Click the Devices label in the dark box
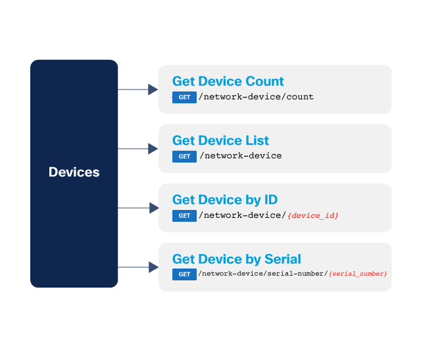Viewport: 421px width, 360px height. point(74,172)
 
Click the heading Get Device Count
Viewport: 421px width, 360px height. point(228,82)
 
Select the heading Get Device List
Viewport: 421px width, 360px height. point(220,141)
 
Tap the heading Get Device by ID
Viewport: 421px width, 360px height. point(224,200)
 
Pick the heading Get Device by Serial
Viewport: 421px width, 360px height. point(236,259)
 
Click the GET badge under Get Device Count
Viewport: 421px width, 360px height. point(184,97)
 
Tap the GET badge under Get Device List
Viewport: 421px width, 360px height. point(184,157)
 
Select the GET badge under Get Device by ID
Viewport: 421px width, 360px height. point(184,216)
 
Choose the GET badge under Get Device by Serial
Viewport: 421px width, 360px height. point(184,274)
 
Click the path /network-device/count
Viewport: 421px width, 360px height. point(257,97)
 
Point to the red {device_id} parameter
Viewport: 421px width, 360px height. point(313,216)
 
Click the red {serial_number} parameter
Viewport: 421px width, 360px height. point(358,274)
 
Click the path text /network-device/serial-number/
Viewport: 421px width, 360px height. point(262,274)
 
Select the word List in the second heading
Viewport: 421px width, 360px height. point(257,141)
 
